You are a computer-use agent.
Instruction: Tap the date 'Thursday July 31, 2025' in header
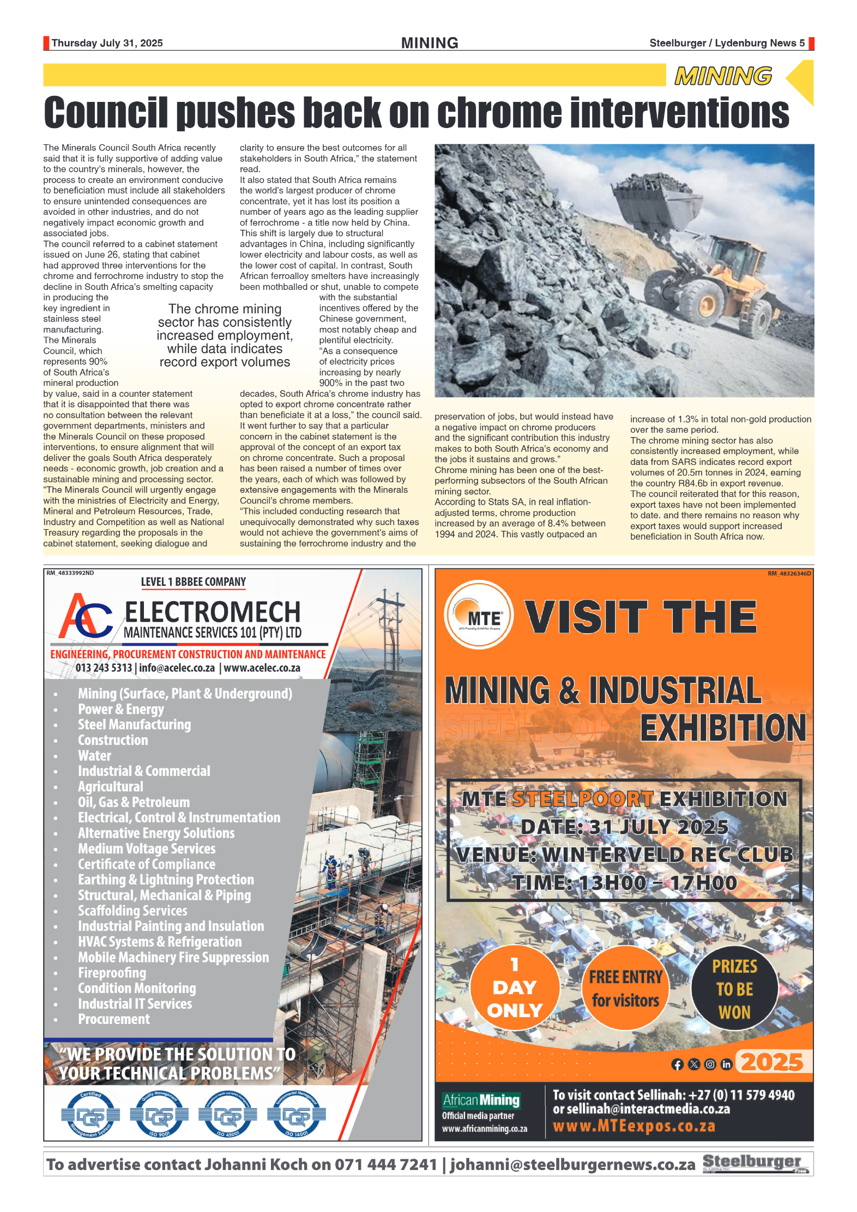click(x=107, y=43)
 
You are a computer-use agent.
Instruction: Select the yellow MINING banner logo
click(x=723, y=76)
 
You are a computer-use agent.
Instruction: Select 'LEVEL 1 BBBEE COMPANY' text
click(x=193, y=582)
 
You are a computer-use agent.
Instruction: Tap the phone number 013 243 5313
click(x=104, y=668)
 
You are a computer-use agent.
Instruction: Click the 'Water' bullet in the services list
click(x=94, y=756)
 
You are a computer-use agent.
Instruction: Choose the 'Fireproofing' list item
click(x=112, y=973)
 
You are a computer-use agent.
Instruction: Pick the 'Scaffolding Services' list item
click(x=132, y=911)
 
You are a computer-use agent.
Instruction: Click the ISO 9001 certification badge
click(x=159, y=1115)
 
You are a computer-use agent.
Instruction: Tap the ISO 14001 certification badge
click(x=296, y=1115)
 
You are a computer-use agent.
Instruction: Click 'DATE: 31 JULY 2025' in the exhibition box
click(x=624, y=827)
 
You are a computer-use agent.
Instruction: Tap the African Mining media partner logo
click(x=481, y=1100)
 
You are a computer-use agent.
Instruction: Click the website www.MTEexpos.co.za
click(x=633, y=1126)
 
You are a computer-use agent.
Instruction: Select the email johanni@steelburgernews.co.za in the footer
click(x=572, y=1165)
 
